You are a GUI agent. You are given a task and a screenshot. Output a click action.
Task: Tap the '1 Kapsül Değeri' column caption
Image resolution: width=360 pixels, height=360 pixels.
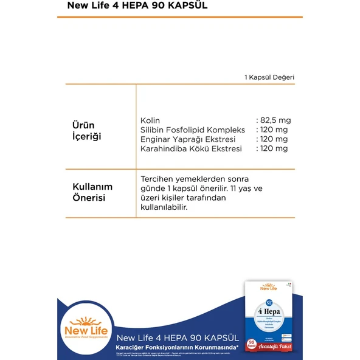[x=269, y=77]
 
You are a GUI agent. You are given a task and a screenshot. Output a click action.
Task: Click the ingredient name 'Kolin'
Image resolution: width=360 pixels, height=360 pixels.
[x=150, y=120]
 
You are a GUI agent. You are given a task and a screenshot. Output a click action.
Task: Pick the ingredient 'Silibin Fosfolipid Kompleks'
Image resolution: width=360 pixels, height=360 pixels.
[x=192, y=130]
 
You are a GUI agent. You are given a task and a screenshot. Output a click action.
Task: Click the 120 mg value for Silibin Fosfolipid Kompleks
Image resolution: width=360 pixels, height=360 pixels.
[x=273, y=130]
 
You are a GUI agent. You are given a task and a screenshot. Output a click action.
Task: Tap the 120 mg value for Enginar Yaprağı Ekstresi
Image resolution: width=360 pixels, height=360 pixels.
[x=273, y=139]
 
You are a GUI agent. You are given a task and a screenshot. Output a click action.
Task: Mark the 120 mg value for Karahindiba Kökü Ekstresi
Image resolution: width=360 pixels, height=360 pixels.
[x=273, y=148]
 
